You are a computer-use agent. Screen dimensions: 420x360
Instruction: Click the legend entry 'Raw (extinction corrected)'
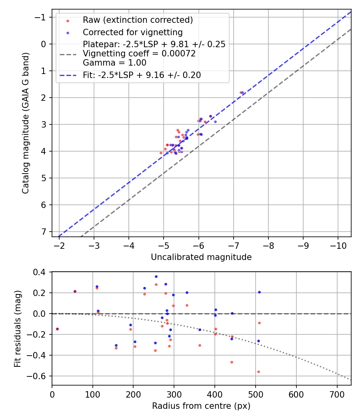coord(138,20)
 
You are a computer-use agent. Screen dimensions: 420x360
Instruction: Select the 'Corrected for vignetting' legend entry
coord(132,32)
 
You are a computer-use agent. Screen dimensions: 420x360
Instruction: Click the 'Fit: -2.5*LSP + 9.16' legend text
coord(142,75)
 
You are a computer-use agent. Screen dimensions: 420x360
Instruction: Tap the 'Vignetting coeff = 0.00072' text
coord(139,54)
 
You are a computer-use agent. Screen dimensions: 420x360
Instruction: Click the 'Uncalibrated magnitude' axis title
coord(201,257)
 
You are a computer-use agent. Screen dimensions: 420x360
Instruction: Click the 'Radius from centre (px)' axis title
coord(201,406)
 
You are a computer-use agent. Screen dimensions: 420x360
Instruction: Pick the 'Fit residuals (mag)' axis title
coord(18,328)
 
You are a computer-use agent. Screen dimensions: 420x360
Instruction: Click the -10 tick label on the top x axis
coord(337,244)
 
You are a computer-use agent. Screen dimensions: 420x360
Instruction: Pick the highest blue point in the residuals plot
coord(156,276)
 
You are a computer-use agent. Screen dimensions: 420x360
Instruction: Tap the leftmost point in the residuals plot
coord(57,329)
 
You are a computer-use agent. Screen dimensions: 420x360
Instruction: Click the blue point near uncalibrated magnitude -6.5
coord(215,122)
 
